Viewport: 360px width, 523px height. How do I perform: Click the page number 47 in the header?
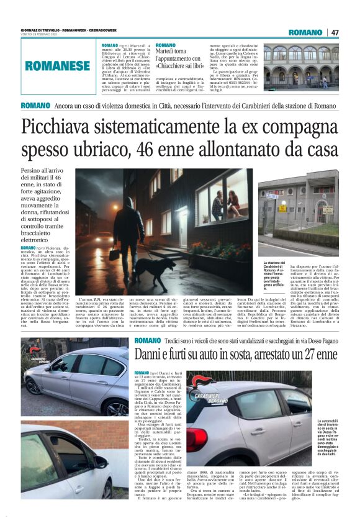(x=335, y=32)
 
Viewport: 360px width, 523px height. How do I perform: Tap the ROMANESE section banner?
(x=58, y=65)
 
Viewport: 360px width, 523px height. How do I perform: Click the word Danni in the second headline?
(x=153, y=355)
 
